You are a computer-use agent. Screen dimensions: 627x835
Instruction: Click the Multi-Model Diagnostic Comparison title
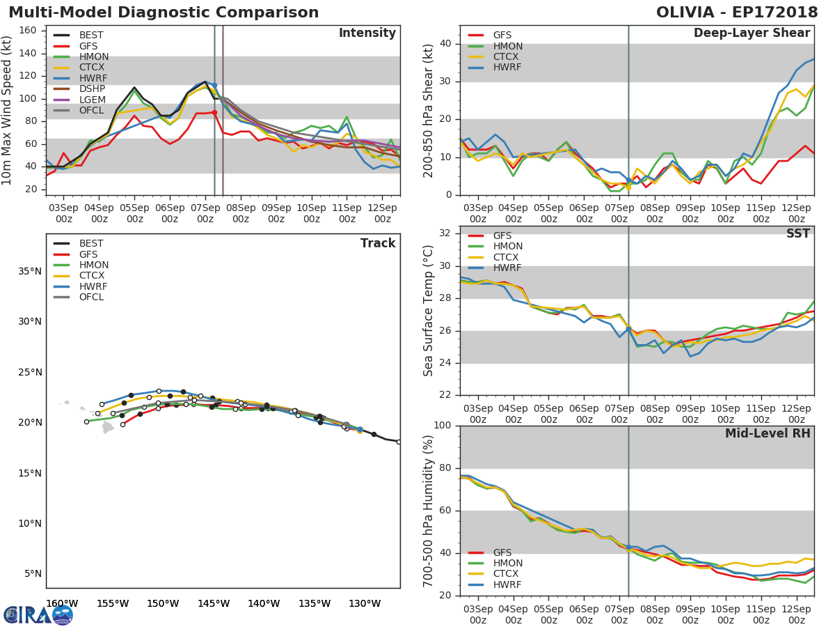point(164,13)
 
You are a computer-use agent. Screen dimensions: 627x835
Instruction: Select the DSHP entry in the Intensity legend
point(91,89)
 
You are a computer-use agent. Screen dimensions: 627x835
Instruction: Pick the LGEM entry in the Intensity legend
point(91,100)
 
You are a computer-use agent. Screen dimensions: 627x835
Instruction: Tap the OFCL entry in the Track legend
point(91,297)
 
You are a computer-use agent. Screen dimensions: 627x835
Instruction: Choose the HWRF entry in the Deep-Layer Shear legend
point(507,68)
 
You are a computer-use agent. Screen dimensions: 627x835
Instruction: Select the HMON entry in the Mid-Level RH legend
point(507,564)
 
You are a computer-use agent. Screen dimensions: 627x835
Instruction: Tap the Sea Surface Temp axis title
point(429,311)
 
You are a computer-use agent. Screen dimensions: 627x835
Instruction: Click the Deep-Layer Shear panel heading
point(751,33)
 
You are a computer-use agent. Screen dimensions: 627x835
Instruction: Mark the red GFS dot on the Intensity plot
point(214,112)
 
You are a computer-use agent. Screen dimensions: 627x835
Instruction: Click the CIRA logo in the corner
point(38,614)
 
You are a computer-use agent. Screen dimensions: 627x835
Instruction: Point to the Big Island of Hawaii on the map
point(108,427)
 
